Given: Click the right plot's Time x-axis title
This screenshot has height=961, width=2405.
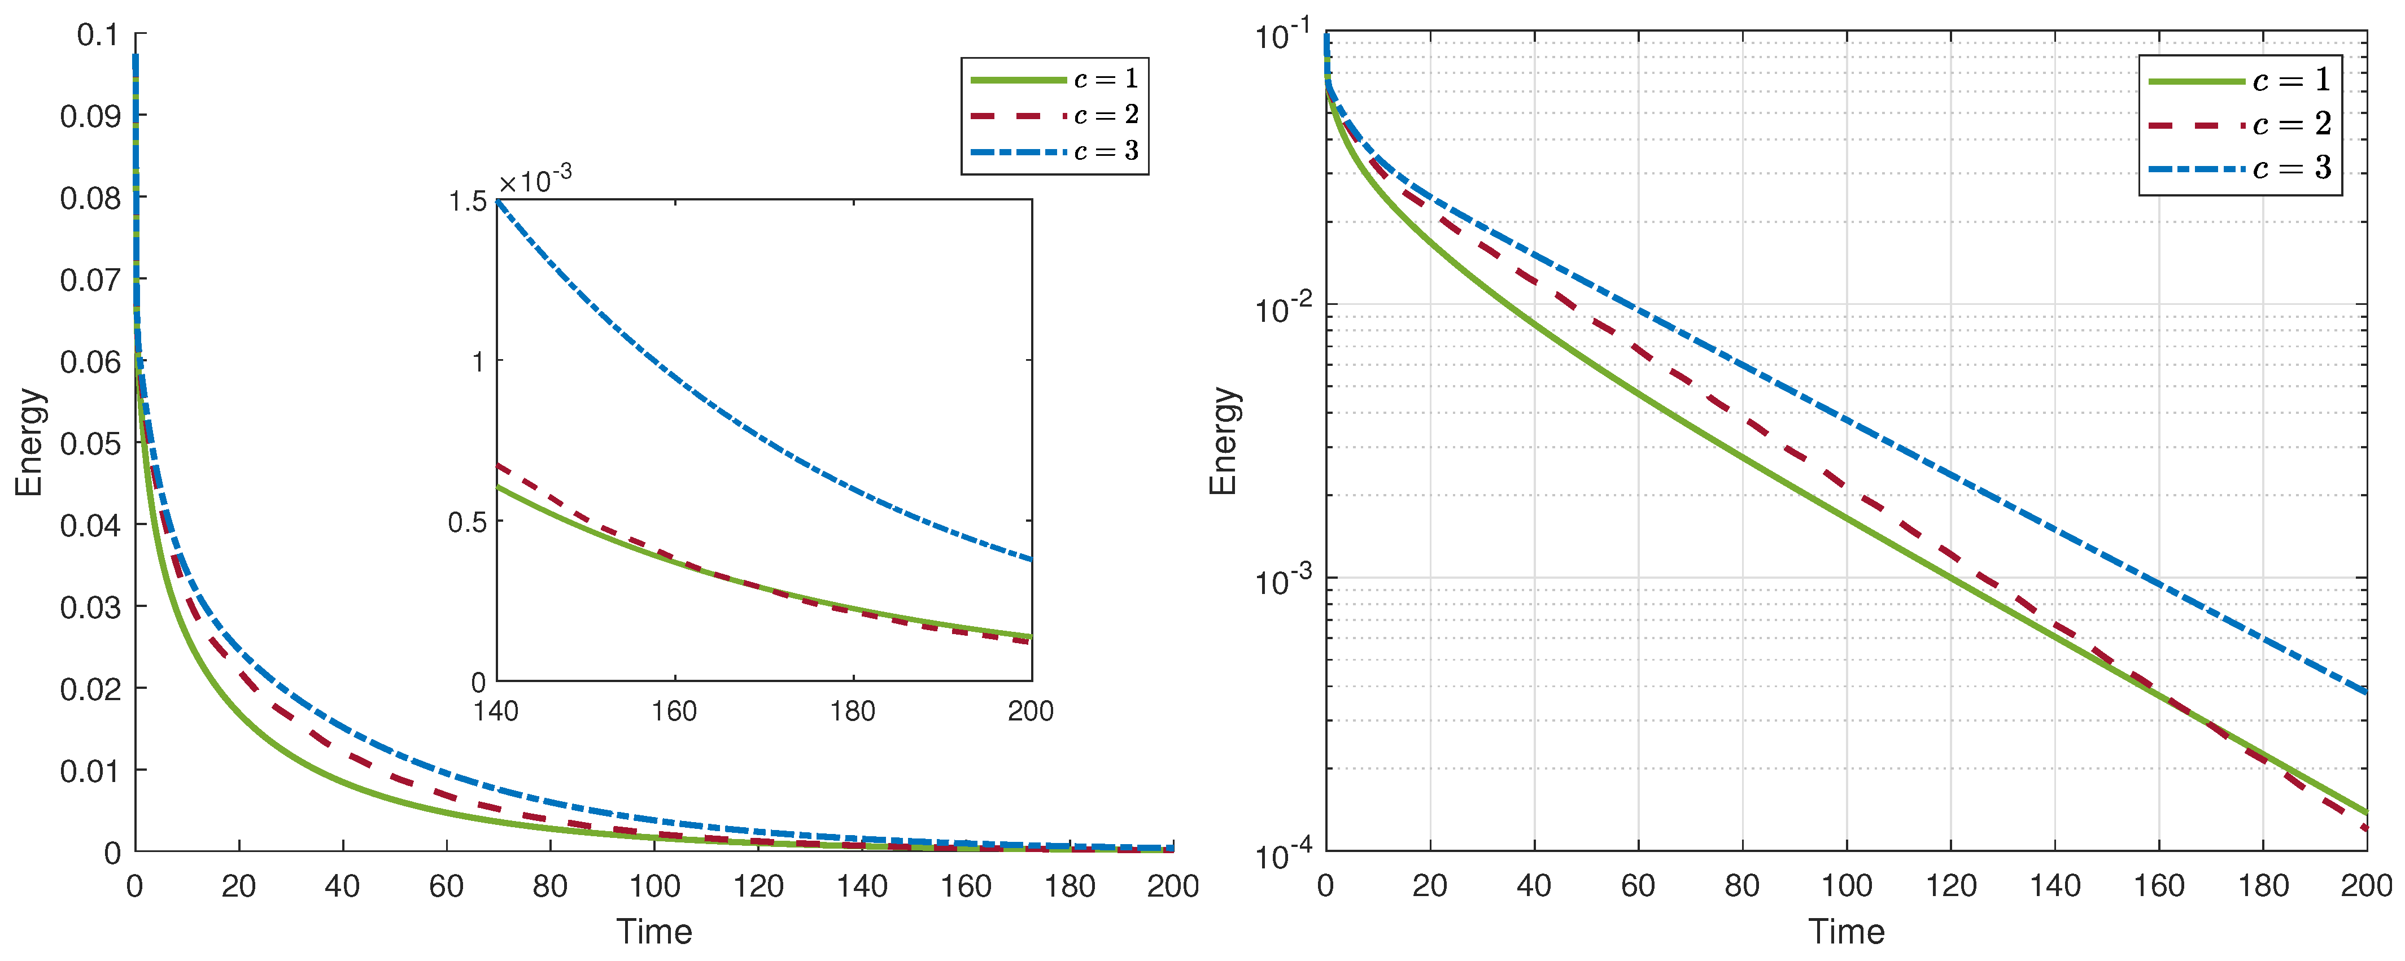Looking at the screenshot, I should (1846, 931).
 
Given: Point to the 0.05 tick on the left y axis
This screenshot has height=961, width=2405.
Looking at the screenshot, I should (90, 444).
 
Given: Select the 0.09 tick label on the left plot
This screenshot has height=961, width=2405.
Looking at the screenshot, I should (90, 117).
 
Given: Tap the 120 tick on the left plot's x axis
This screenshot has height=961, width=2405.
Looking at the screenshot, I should (758, 885).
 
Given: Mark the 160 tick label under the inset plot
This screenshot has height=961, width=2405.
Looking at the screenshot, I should (674, 711).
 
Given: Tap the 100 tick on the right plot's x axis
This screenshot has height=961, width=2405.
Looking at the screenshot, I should (1846, 885).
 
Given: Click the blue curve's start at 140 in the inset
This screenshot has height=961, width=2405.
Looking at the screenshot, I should (497, 201).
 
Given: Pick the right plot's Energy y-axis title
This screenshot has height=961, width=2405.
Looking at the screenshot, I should (1223, 441).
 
